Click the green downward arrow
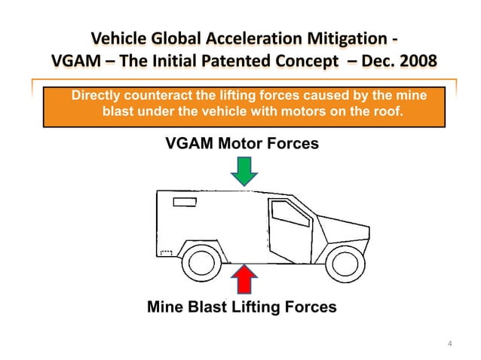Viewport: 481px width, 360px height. click(x=244, y=171)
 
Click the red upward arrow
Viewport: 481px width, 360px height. click(x=244, y=279)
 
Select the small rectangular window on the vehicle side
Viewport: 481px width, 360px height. click(x=185, y=202)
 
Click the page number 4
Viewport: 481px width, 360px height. click(x=450, y=345)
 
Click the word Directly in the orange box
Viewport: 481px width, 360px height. click(x=96, y=96)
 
